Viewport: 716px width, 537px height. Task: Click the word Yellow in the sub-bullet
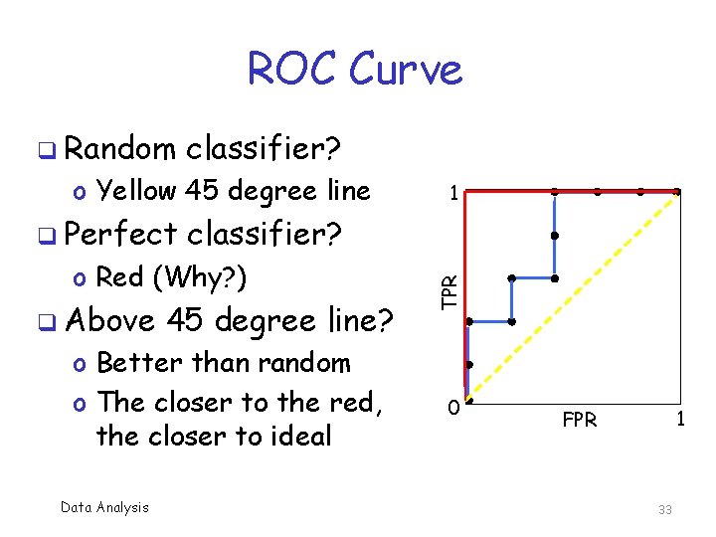pos(137,190)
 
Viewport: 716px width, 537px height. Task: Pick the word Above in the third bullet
pos(110,321)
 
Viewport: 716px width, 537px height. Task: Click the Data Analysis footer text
pos(104,507)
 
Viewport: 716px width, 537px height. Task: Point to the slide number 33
pos(664,509)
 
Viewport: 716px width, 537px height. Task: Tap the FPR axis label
pos(580,420)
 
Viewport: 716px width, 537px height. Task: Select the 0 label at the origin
pos(452,407)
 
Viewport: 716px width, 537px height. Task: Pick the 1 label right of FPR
pos(679,420)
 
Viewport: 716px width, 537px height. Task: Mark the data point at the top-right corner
pos(676,191)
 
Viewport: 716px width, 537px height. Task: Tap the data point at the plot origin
pos(467,405)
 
